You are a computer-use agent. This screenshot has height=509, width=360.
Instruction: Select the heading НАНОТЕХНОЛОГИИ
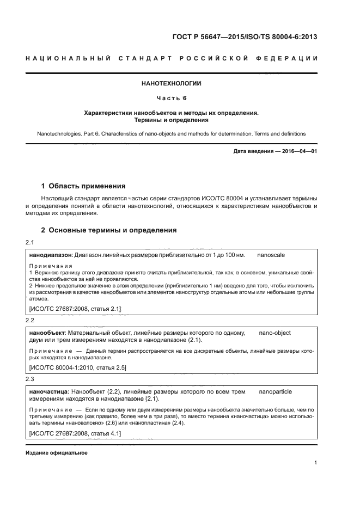171,84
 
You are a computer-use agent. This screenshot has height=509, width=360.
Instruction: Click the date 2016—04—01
298,151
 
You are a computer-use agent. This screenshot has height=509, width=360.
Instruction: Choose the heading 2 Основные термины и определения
109,230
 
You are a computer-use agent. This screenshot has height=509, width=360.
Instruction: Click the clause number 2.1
30,242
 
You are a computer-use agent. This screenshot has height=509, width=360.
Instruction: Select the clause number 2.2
30,321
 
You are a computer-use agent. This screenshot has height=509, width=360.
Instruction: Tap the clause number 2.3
30,378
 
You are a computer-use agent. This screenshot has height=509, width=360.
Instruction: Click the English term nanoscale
271,254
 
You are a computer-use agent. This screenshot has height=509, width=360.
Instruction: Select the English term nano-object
274,333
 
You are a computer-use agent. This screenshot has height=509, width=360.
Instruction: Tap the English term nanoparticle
276,391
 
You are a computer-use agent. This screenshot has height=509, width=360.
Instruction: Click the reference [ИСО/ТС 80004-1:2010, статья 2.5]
77,368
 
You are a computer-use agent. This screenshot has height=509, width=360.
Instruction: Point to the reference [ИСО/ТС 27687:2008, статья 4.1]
75,433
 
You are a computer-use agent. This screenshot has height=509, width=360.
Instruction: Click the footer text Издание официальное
56,453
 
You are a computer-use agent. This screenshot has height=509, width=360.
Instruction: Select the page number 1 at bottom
315,463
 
